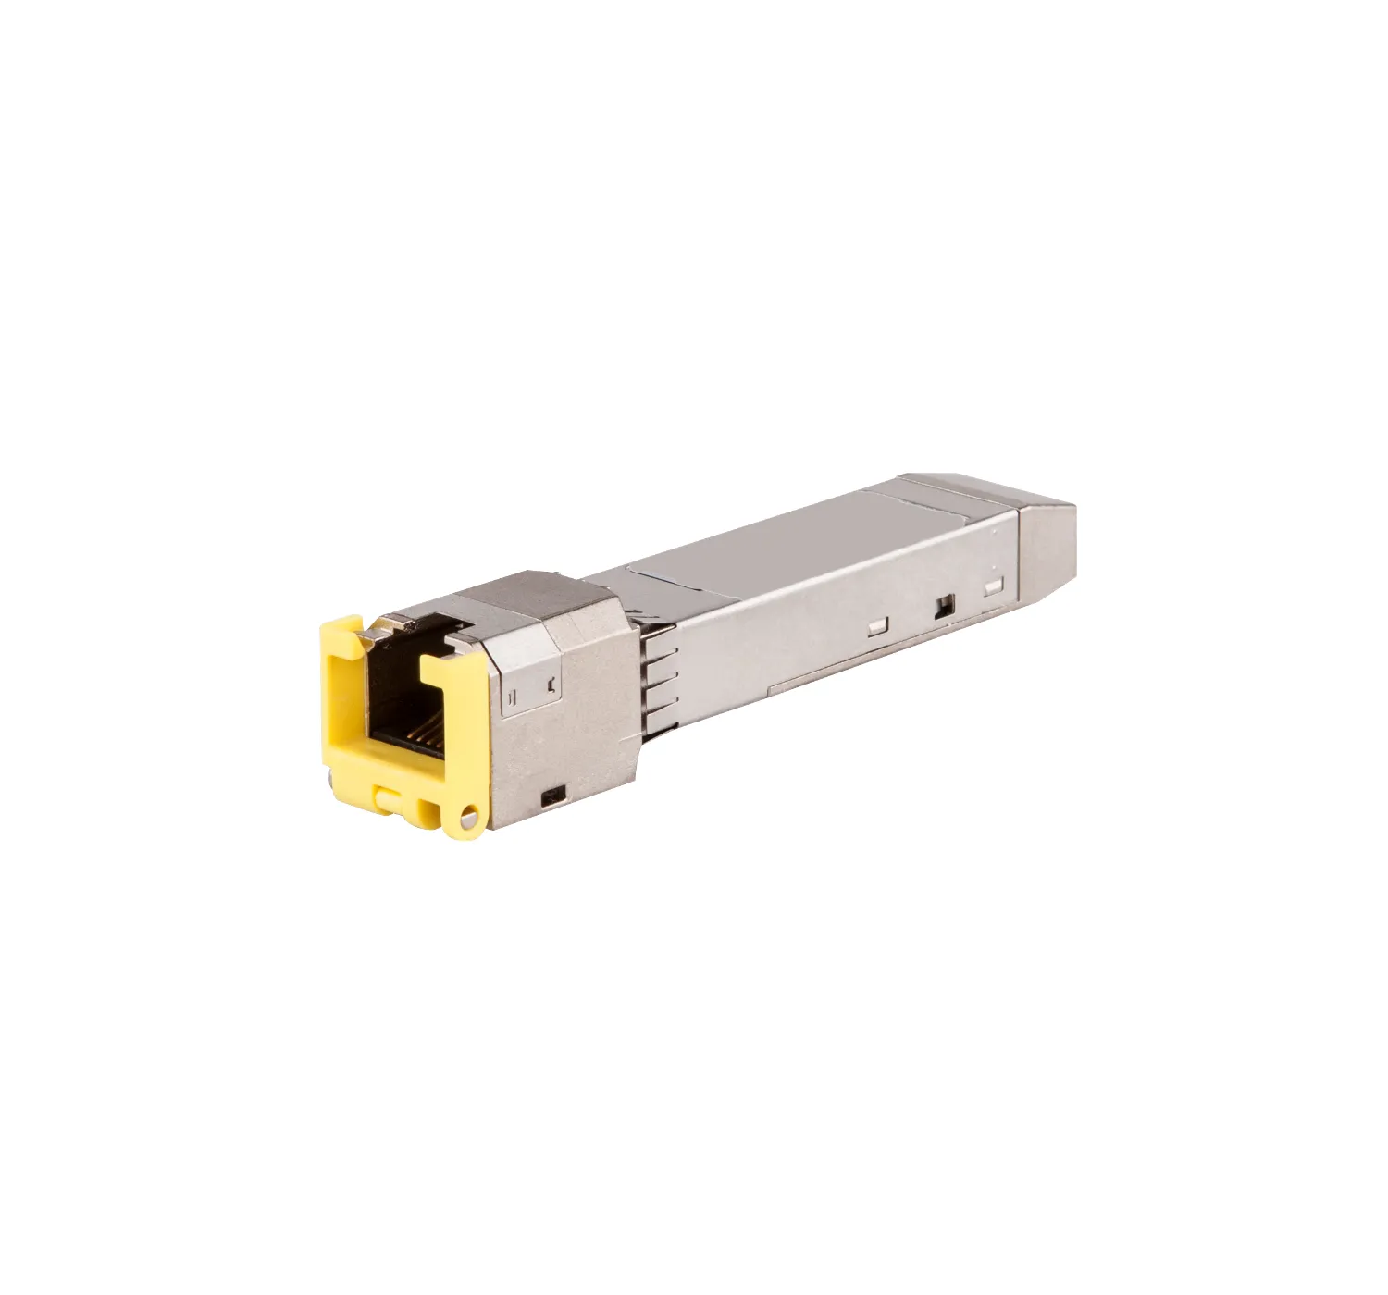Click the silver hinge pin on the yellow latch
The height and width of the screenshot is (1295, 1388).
472,817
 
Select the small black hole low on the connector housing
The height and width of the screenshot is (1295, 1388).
555,794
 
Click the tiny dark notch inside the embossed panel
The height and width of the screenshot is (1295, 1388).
551,685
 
